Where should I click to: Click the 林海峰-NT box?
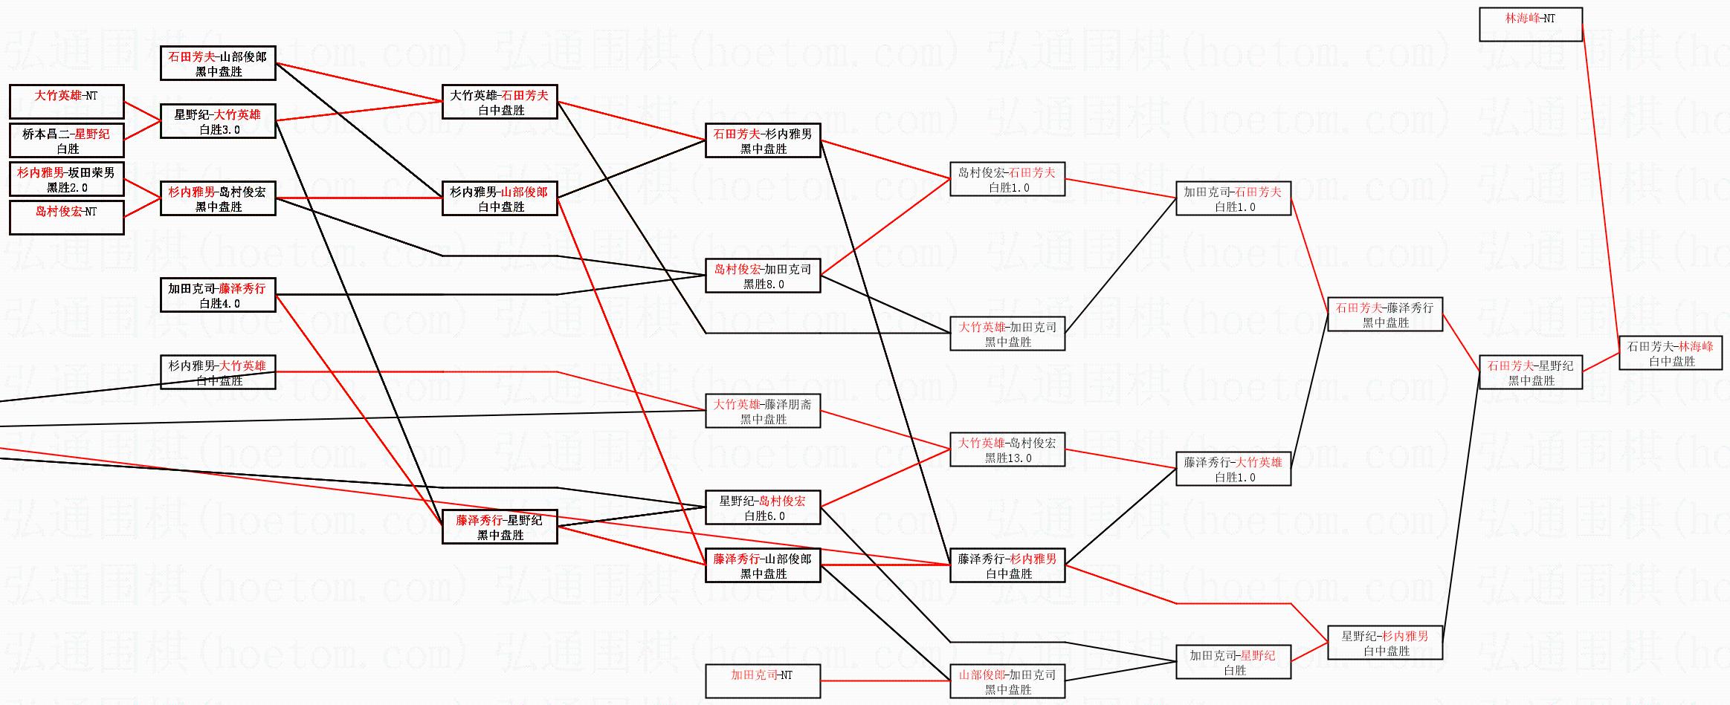(x=1530, y=25)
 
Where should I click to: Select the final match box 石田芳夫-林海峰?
(x=1670, y=353)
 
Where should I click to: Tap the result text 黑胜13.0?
(x=1008, y=458)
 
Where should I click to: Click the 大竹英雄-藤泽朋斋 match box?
(x=763, y=411)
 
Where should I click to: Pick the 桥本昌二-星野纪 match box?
(x=66, y=140)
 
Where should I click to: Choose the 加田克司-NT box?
(x=763, y=681)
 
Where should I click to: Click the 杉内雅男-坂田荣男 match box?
(x=66, y=179)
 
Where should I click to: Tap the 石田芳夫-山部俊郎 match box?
(x=218, y=63)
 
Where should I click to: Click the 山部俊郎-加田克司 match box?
(x=1007, y=681)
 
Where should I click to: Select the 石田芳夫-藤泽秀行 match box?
(x=1384, y=314)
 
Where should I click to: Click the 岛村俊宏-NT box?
(x=66, y=218)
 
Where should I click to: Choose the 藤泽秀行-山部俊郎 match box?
(x=763, y=565)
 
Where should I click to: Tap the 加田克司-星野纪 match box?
(x=1233, y=662)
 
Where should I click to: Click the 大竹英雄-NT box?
(x=66, y=102)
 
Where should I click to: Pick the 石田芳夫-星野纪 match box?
(x=1530, y=372)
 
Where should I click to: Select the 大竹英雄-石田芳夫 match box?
(x=500, y=102)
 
